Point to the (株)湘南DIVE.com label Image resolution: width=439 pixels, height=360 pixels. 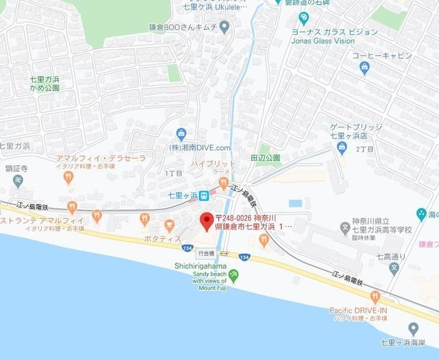point(200,147)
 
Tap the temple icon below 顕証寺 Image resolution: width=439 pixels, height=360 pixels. point(14,182)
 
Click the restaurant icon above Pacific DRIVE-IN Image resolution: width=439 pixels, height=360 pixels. point(375,296)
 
